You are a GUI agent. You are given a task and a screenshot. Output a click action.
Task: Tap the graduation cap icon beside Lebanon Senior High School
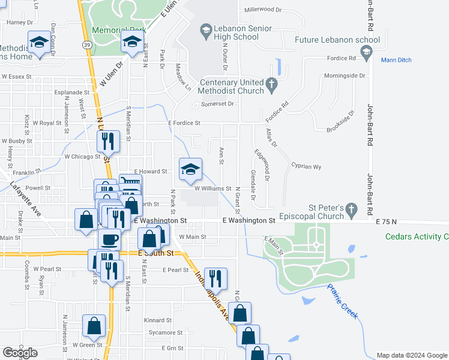(x=206, y=29)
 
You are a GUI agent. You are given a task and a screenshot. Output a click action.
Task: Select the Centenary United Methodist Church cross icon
(x=271, y=86)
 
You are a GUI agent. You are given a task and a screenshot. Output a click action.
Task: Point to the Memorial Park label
(x=119, y=29)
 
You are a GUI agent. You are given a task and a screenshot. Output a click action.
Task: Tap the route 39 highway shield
(x=87, y=45)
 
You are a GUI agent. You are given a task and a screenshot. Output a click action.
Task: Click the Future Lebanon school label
(x=337, y=40)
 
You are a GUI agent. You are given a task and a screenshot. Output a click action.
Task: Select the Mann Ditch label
(x=396, y=59)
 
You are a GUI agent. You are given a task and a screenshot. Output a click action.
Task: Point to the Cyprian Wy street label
(x=306, y=167)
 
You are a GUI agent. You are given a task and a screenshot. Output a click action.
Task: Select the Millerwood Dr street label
(x=263, y=10)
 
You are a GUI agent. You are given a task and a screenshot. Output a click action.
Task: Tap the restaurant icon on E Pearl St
(x=215, y=278)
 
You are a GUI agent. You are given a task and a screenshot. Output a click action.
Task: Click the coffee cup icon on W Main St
(x=109, y=239)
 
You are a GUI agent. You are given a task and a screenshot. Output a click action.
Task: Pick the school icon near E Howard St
(x=190, y=169)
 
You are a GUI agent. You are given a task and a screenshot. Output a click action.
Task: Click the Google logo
(x=20, y=353)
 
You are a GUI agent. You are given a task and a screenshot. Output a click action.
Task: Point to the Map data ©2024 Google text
(x=412, y=355)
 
